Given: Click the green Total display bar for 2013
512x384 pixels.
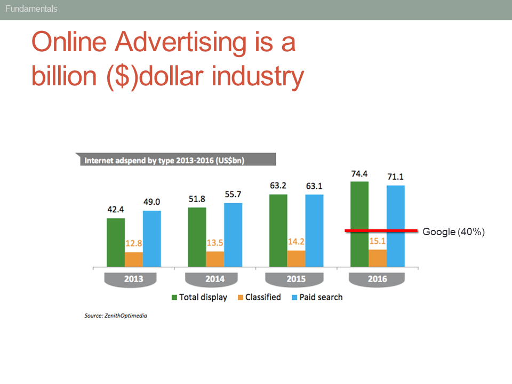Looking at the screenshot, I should (116, 242).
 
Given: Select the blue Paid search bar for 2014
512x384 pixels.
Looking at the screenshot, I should (233, 235).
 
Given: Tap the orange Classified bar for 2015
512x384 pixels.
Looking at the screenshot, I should (296, 258).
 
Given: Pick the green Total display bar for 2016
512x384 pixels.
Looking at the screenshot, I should (359, 224).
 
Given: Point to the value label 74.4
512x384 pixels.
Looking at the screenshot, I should (359, 174).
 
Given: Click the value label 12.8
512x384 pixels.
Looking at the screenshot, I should (134, 244).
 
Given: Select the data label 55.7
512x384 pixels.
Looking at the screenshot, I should (233, 195).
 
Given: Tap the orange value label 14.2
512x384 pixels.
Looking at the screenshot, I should (296, 242).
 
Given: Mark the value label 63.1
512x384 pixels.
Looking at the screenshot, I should (314, 186).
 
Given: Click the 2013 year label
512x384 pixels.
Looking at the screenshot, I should (133, 279).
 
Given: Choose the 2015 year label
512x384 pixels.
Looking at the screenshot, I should (296, 279).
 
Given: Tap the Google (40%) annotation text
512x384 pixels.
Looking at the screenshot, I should (453, 231).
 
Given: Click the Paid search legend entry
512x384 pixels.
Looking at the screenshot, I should (317, 297).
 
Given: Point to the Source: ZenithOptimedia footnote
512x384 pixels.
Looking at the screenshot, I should (116, 316).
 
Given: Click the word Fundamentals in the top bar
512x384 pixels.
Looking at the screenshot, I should (31, 9).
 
